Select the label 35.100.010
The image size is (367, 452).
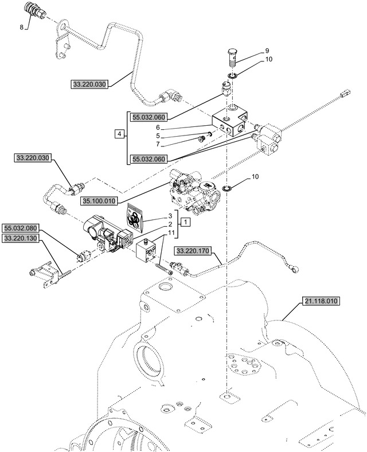(99, 201)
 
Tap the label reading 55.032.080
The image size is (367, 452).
(22, 227)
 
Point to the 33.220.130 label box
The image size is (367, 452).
(22, 238)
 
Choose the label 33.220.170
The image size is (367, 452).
(194, 250)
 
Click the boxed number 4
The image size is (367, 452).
(119, 134)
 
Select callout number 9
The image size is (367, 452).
(267, 50)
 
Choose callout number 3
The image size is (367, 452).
(170, 215)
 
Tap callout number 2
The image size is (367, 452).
(170, 223)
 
